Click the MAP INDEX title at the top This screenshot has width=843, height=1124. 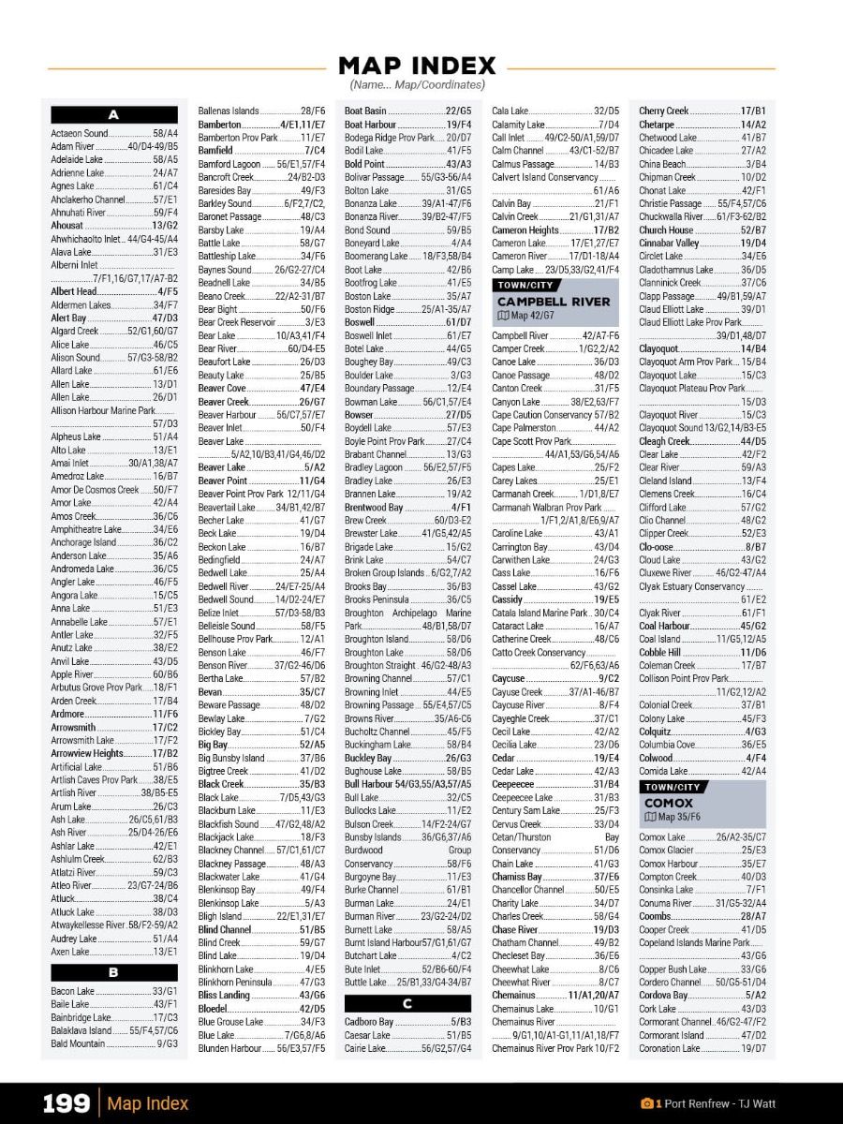pos(417,66)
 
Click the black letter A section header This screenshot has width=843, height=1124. pos(113,115)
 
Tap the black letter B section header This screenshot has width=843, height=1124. pos(113,972)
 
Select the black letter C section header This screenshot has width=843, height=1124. pos(407,1003)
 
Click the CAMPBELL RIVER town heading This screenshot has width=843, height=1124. pos(553,302)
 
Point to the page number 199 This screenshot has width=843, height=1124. pos(66,1103)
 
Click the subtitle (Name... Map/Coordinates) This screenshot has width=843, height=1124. pos(417,85)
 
